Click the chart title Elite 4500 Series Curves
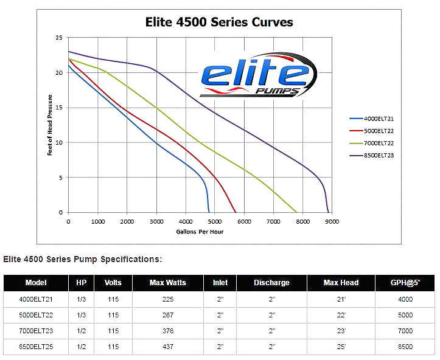point(219,22)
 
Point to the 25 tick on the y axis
point(59,38)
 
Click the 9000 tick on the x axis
point(331,222)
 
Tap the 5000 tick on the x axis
point(214,222)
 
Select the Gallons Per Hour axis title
point(200,232)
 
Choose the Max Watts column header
point(167,283)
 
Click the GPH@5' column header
point(405,283)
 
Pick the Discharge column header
point(271,283)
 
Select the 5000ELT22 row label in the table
point(36,315)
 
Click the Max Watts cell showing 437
point(167,347)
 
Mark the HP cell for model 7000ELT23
point(82,331)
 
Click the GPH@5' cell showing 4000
point(405,299)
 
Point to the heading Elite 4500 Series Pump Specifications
point(83,260)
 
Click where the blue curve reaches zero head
point(209,212)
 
